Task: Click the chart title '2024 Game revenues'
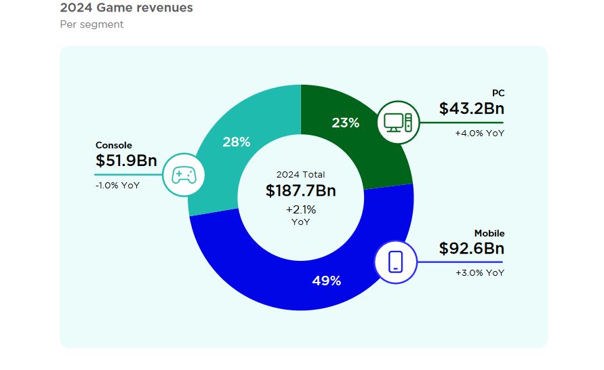pyautogui.click(x=126, y=8)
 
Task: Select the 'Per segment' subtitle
pyautogui.click(x=92, y=24)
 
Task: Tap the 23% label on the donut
pyautogui.click(x=345, y=123)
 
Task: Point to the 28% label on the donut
pyautogui.click(x=237, y=142)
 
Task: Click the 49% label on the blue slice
pyautogui.click(x=326, y=281)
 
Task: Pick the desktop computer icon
pyautogui.click(x=397, y=122)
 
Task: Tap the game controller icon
pyautogui.click(x=183, y=176)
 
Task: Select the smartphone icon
pyautogui.click(x=395, y=262)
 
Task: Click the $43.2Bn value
pyautogui.click(x=471, y=108)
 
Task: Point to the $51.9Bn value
pyautogui.click(x=126, y=161)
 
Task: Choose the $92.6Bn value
pyautogui.click(x=471, y=249)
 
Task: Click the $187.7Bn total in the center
pyautogui.click(x=300, y=190)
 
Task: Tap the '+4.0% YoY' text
pyautogui.click(x=480, y=133)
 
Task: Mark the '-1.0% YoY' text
pyautogui.click(x=117, y=185)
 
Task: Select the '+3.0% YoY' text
pyautogui.click(x=480, y=272)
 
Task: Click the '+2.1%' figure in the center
pyautogui.click(x=300, y=209)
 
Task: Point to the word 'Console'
pyautogui.click(x=113, y=145)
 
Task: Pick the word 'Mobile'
pyautogui.click(x=489, y=233)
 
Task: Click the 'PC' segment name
pyautogui.click(x=498, y=93)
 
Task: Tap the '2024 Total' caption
pyautogui.click(x=300, y=174)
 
